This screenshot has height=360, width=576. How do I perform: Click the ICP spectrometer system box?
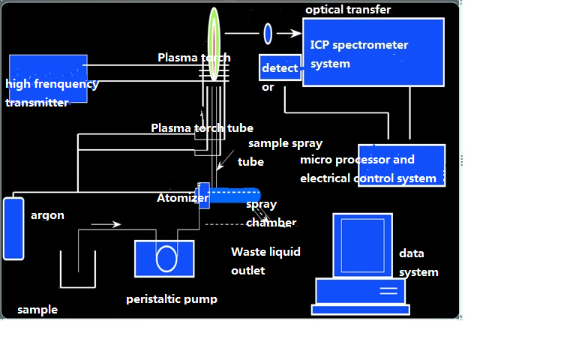pyautogui.click(x=373, y=52)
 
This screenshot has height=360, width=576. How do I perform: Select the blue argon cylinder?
pyautogui.click(x=13, y=229)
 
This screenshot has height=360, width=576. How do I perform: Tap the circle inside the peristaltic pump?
pyautogui.click(x=166, y=259)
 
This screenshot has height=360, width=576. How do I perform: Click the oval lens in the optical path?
pyautogui.click(x=268, y=34)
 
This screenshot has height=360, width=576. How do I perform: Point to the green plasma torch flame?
pyautogui.click(x=214, y=43)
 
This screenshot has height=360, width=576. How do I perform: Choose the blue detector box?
pyautogui.click(x=280, y=67)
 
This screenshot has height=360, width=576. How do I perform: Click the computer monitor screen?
pyautogui.click(x=362, y=245)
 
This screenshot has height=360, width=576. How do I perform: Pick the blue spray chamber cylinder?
pyautogui.click(x=234, y=195)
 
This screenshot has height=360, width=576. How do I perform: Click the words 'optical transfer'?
pyautogui.click(x=348, y=10)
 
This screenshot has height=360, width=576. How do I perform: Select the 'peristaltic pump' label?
pyautogui.click(x=172, y=299)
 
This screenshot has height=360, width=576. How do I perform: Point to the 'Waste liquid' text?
pyautogui.click(x=265, y=252)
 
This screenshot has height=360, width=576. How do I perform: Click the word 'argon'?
pyautogui.click(x=47, y=215)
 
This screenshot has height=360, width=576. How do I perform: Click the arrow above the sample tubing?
pyautogui.click(x=106, y=224)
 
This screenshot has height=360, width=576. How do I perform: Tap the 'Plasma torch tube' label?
pyautogui.click(x=202, y=127)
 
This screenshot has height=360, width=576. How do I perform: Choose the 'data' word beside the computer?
pyautogui.click(x=412, y=253)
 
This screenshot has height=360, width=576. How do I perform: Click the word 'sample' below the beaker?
pyautogui.click(x=37, y=310)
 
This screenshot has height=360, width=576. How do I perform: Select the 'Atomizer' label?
pyautogui.click(x=182, y=198)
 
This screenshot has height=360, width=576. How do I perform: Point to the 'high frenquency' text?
pyautogui.click(x=52, y=84)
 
